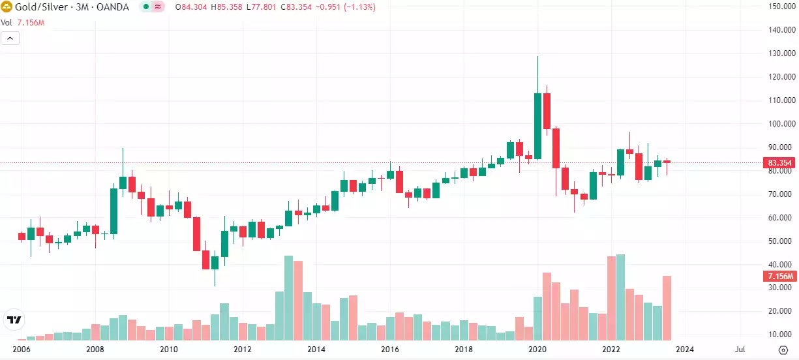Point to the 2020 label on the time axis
click(x=537, y=350)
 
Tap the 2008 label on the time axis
click(x=95, y=350)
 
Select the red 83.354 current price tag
click(x=779, y=163)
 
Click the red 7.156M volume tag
click(x=779, y=277)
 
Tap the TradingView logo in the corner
click(x=13, y=320)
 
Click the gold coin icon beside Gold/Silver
click(x=7, y=7)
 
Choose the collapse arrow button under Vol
click(x=10, y=38)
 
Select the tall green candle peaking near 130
click(x=537, y=126)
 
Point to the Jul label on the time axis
click(x=741, y=350)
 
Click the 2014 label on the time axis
click(x=316, y=350)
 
